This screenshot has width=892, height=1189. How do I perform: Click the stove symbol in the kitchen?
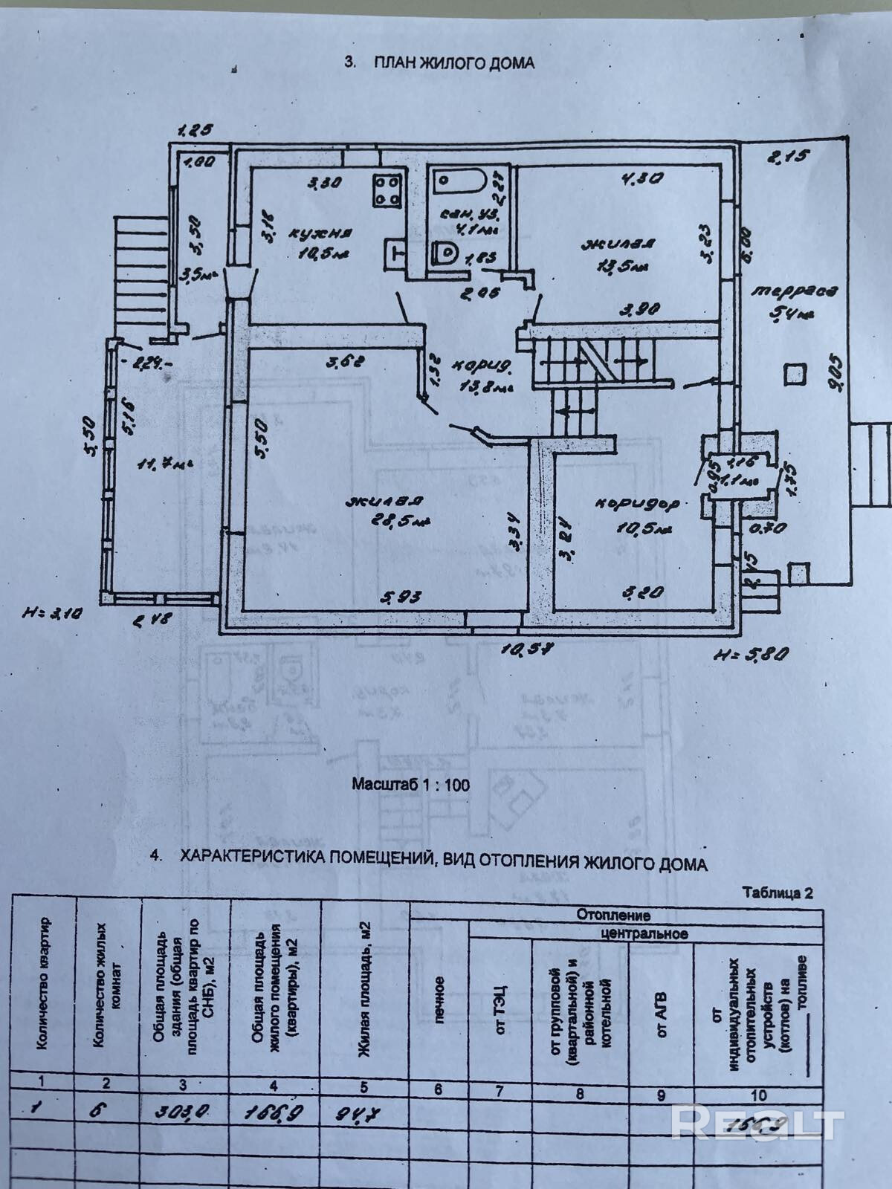(387, 189)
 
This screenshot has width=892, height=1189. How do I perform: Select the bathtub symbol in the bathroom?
(458, 180)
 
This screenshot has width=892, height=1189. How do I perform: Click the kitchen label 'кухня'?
(311, 233)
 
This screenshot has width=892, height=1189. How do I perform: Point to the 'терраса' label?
(792, 291)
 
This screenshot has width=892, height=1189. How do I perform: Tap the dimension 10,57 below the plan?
(529, 648)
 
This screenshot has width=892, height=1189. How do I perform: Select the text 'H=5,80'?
(749, 654)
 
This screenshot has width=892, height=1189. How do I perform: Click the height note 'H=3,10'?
(54, 612)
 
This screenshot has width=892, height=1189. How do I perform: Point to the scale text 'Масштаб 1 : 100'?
(410, 784)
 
